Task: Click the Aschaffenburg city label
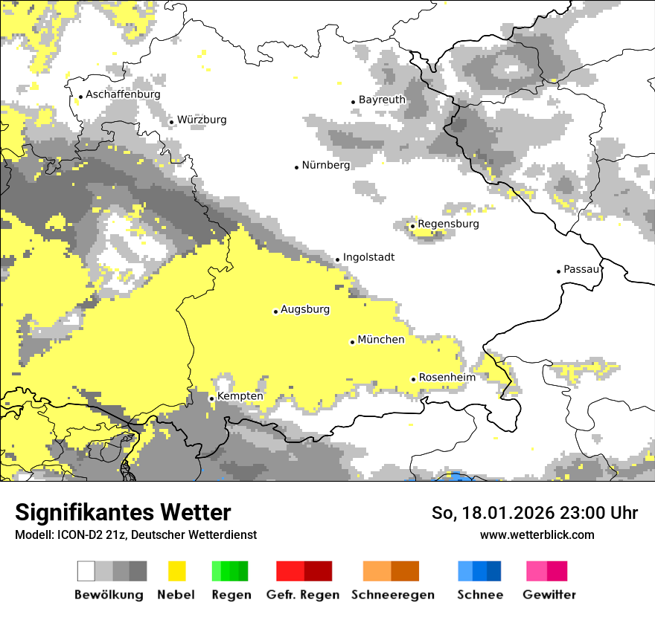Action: [x=123, y=94]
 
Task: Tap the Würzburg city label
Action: [x=202, y=120]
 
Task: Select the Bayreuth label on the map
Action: [x=382, y=100]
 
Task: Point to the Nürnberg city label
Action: [x=325, y=165]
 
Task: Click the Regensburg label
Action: [x=448, y=224]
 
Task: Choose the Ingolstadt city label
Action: [x=368, y=257]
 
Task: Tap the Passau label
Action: [x=581, y=269]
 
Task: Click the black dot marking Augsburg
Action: [x=275, y=311]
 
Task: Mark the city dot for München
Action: [x=352, y=342]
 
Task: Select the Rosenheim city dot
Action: [x=413, y=379]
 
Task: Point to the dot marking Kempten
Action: [x=211, y=398]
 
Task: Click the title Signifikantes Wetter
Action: [x=123, y=513]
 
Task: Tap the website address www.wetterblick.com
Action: [x=537, y=534]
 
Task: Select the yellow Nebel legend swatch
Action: [x=176, y=571]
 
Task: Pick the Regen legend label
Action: [x=231, y=595]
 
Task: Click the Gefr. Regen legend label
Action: [x=302, y=595]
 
